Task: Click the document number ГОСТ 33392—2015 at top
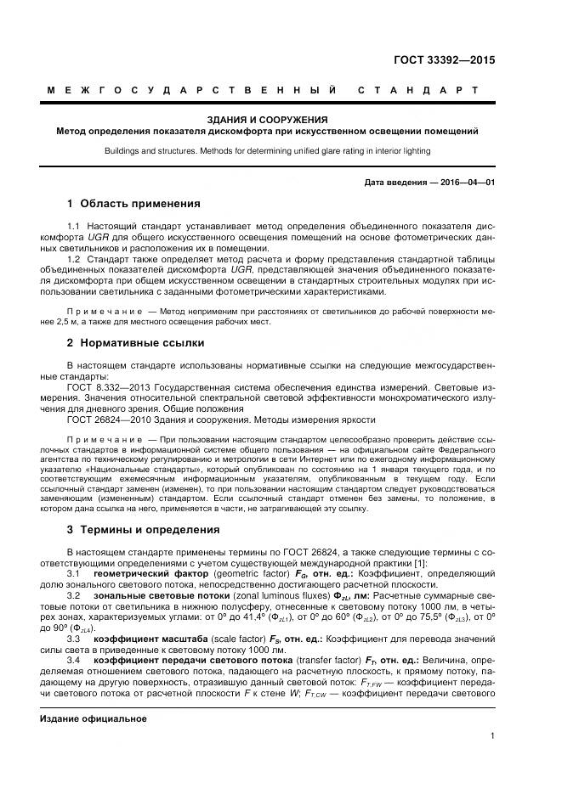pos(444,61)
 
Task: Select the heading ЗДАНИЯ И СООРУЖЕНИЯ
pos(267,120)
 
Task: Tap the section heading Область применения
pos(139,204)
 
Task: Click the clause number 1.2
pos(73,259)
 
